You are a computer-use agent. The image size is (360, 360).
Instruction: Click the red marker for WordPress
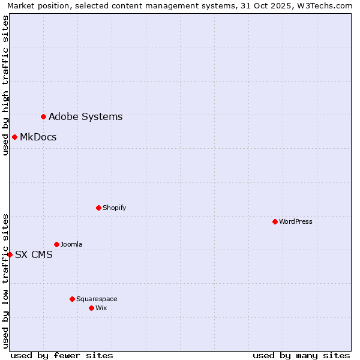point(275,221)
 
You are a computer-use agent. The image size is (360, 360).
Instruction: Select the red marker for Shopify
point(98,208)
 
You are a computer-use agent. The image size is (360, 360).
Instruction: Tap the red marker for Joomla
point(56,244)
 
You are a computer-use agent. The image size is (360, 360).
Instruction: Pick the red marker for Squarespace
point(72,299)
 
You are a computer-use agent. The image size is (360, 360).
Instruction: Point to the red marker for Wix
point(91,308)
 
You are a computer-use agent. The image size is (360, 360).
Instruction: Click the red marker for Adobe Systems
point(43,116)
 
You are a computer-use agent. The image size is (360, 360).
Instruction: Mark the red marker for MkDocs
point(14,137)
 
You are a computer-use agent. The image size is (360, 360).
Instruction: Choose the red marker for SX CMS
point(10,254)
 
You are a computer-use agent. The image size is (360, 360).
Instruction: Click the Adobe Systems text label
point(85,117)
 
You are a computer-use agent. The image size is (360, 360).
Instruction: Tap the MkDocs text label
point(38,137)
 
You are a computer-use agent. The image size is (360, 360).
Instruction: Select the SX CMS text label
point(34,255)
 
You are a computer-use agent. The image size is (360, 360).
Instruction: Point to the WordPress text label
point(295,221)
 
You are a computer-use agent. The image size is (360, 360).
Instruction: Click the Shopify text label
point(114,208)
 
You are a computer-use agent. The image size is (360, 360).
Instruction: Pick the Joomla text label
point(71,244)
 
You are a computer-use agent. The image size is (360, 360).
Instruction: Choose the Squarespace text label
point(97,299)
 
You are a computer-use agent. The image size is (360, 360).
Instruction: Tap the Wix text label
point(101,308)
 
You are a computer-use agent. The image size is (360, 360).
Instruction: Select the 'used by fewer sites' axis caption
point(62,355)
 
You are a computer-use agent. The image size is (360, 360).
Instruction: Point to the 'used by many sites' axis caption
point(301,355)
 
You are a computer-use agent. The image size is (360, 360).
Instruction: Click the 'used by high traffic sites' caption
point(5,85)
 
